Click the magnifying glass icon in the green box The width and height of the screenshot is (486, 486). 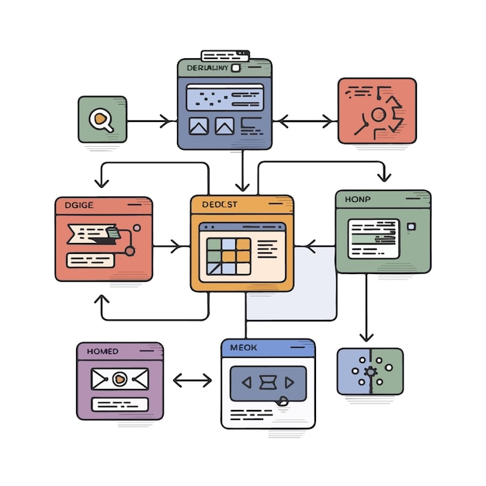point(101,120)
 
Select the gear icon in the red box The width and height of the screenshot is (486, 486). point(378,116)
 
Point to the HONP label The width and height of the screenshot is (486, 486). point(358,200)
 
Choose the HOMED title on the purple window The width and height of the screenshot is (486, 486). point(102,351)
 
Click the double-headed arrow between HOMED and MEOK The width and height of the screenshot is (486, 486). point(192,380)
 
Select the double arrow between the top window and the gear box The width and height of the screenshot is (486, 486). point(305,121)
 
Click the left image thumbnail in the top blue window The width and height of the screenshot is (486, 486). point(199,126)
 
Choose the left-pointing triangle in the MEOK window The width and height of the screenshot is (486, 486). point(247,382)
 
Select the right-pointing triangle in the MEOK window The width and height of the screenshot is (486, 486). point(290,382)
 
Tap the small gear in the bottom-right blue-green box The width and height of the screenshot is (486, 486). point(370,371)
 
